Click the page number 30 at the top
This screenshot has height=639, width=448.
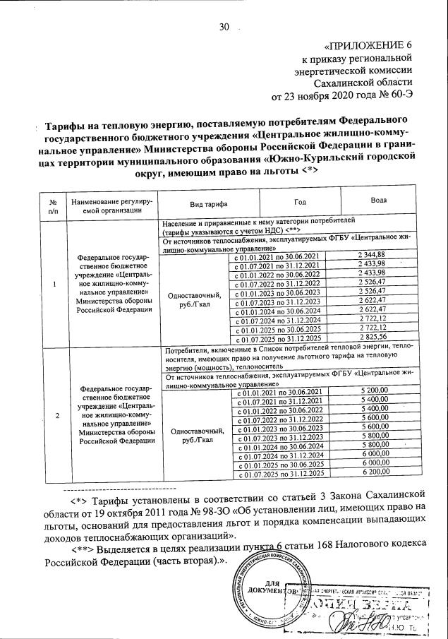point(225,28)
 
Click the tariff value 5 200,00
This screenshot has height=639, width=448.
point(373,391)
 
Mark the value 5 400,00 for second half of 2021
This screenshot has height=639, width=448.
point(373,400)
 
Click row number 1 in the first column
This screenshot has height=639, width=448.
point(55,284)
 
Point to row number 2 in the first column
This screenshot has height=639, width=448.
point(55,414)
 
